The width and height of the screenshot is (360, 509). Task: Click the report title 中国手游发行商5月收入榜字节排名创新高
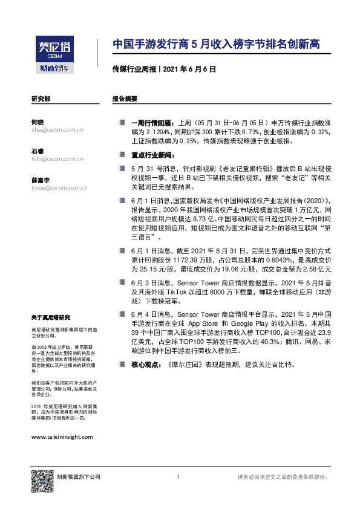pyautogui.click(x=216, y=45)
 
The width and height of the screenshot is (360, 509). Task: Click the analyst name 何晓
pyautogui.click(x=37, y=122)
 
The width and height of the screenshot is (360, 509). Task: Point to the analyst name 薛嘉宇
pyautogui.click(x=40, y=180)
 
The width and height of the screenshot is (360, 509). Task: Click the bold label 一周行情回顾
pyautogui.click(x=151, y=122)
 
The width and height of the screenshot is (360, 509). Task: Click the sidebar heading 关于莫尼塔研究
pyautogui.click(x=51, y=317)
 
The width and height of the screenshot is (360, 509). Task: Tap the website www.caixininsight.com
pyautogui.click(x=62, y=436)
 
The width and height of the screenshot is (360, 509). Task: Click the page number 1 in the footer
pyautogui.click(x=177, y=478)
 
